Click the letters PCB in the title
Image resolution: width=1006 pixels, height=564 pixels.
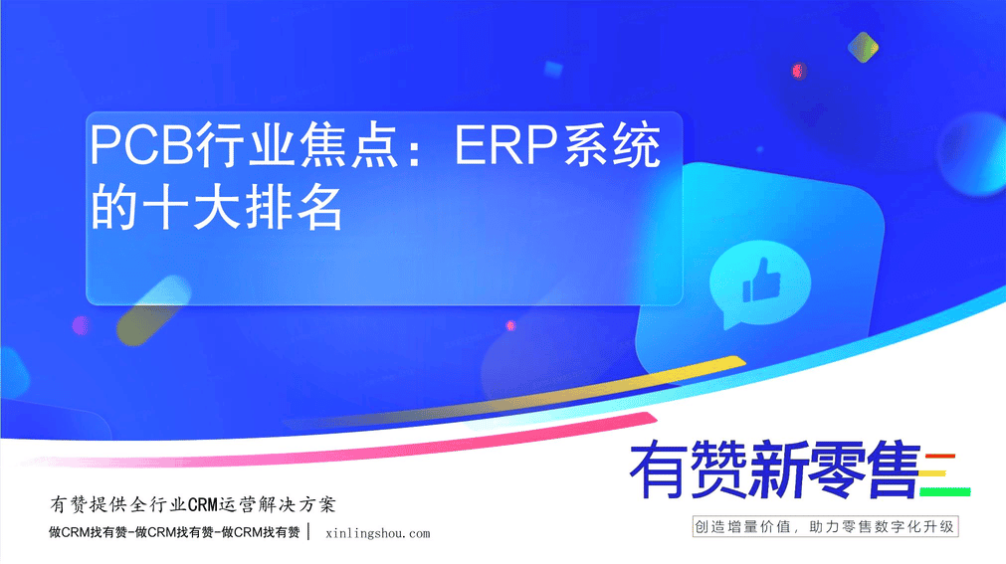point(141,145)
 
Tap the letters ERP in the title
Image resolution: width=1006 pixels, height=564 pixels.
point(505,145)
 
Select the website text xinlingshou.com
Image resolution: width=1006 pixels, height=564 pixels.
point(378,533)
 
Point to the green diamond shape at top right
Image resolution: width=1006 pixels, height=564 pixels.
point(863,47)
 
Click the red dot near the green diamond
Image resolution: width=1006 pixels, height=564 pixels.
point(798,71)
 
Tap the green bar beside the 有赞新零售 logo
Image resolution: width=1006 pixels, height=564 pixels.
point(944,492)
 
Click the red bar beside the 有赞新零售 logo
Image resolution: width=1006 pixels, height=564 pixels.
point(940,457)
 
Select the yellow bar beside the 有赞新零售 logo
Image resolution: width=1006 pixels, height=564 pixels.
point(932,474)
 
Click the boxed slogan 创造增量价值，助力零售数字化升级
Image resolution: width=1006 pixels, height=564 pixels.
point(825,527)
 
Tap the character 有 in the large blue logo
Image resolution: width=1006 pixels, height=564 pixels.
point(657,470)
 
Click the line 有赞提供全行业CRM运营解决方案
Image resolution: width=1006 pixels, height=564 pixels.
point(192,505)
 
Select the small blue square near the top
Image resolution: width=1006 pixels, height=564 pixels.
point(553,70)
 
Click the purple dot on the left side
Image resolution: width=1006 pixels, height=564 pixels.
point(81,325)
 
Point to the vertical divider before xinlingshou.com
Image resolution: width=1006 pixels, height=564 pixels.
point(309,532)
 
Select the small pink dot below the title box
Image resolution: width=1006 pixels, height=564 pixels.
point(510,326)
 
